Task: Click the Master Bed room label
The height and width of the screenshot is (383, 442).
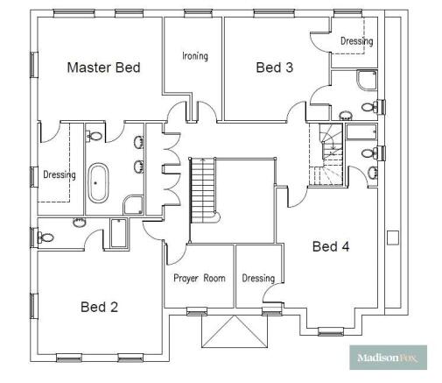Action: click(103, 67)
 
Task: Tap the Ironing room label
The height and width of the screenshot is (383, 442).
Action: click(194, 56)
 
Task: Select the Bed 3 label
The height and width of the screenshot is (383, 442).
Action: click(274, 67)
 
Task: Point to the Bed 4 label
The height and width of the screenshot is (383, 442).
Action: click(331, 246)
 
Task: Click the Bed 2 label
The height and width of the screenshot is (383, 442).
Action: click(99, 307)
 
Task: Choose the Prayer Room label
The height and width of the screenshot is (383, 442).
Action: click(199, 279)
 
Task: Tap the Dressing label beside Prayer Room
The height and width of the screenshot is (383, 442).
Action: click(258, 279)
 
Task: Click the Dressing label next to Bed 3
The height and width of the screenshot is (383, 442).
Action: click(356, 41)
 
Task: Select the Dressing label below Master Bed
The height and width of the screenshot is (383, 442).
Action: click(59, 174)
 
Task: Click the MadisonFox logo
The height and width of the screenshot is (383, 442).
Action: click(389, 358)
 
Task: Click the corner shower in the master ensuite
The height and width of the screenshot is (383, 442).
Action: click(135, 205)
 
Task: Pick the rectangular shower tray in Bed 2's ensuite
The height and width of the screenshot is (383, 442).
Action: click(116, 233)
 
